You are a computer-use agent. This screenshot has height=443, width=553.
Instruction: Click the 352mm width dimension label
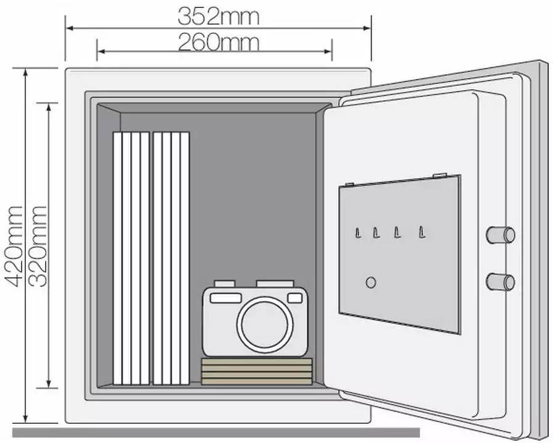[x=218, y=16]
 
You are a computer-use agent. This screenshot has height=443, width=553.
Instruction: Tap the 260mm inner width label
[x=218, y=43]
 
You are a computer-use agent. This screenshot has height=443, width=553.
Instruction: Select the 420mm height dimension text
[x=14, y=246]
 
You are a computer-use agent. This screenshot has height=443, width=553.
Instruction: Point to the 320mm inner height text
[x=38, y=246]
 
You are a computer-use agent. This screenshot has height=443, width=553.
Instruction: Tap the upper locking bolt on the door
[x=501, y=235]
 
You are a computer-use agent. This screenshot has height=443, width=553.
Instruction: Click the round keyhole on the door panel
[x=371, y=282]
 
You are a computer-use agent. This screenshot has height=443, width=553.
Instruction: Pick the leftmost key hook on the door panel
[x=357, y=233]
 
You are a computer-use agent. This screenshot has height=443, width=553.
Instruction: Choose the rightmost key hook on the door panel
[x=422, y=232]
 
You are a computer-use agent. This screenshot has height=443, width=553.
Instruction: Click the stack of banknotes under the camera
[x=256, y=371]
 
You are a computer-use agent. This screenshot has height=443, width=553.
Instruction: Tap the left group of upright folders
[x=131, y=258]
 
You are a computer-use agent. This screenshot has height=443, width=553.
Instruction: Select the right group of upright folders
[x=172, y=258]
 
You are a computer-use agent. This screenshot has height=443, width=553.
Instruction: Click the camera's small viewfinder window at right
[x=295, y=298]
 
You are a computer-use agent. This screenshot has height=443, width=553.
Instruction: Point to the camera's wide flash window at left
[x=226, y=298]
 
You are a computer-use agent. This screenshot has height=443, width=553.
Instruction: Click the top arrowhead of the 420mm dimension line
[x=25, y=73]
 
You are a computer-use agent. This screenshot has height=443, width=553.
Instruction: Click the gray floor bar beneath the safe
[x=216, y=432]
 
